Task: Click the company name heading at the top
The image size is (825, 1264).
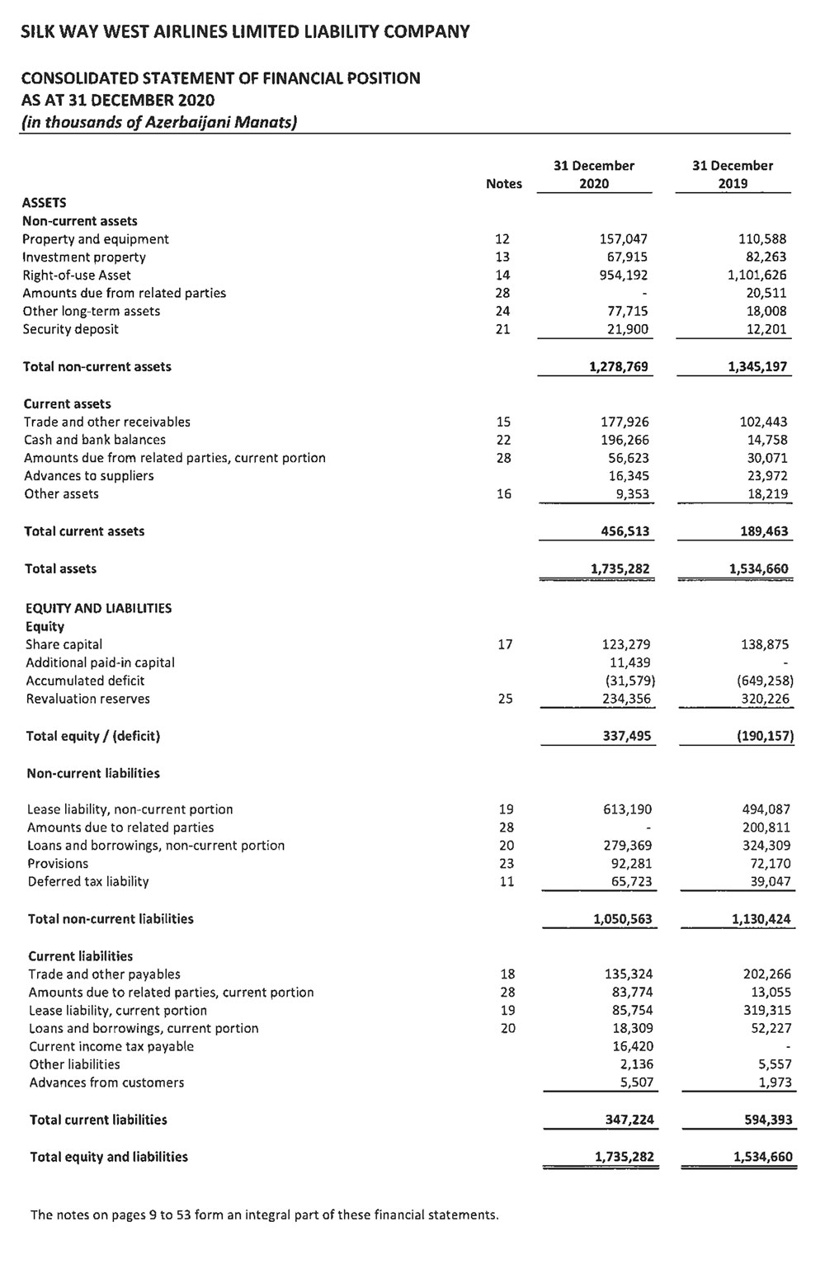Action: coord(245,32)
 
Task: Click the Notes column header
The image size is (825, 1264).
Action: coord(503,184)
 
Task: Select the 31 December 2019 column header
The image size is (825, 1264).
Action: coord(733,174)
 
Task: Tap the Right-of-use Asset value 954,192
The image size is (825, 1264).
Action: coord(624,275)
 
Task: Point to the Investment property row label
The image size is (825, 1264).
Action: coord(84,257)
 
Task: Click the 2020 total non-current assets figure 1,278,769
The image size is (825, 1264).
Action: coord(619,366)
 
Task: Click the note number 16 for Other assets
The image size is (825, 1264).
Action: coord(504,493)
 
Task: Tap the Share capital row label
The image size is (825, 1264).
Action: coord(64,644)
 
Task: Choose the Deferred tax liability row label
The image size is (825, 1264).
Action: coord(88,881)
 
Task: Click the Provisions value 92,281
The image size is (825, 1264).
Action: coord(629,863)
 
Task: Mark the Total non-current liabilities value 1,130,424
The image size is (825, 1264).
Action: coord(761,918)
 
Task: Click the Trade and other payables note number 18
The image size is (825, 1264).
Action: coord(507,974)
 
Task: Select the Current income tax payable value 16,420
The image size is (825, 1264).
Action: coord(630,1046)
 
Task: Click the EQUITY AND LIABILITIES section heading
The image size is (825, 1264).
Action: coord(98,608)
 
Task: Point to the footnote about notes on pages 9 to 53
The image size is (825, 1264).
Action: coord(264,1214)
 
